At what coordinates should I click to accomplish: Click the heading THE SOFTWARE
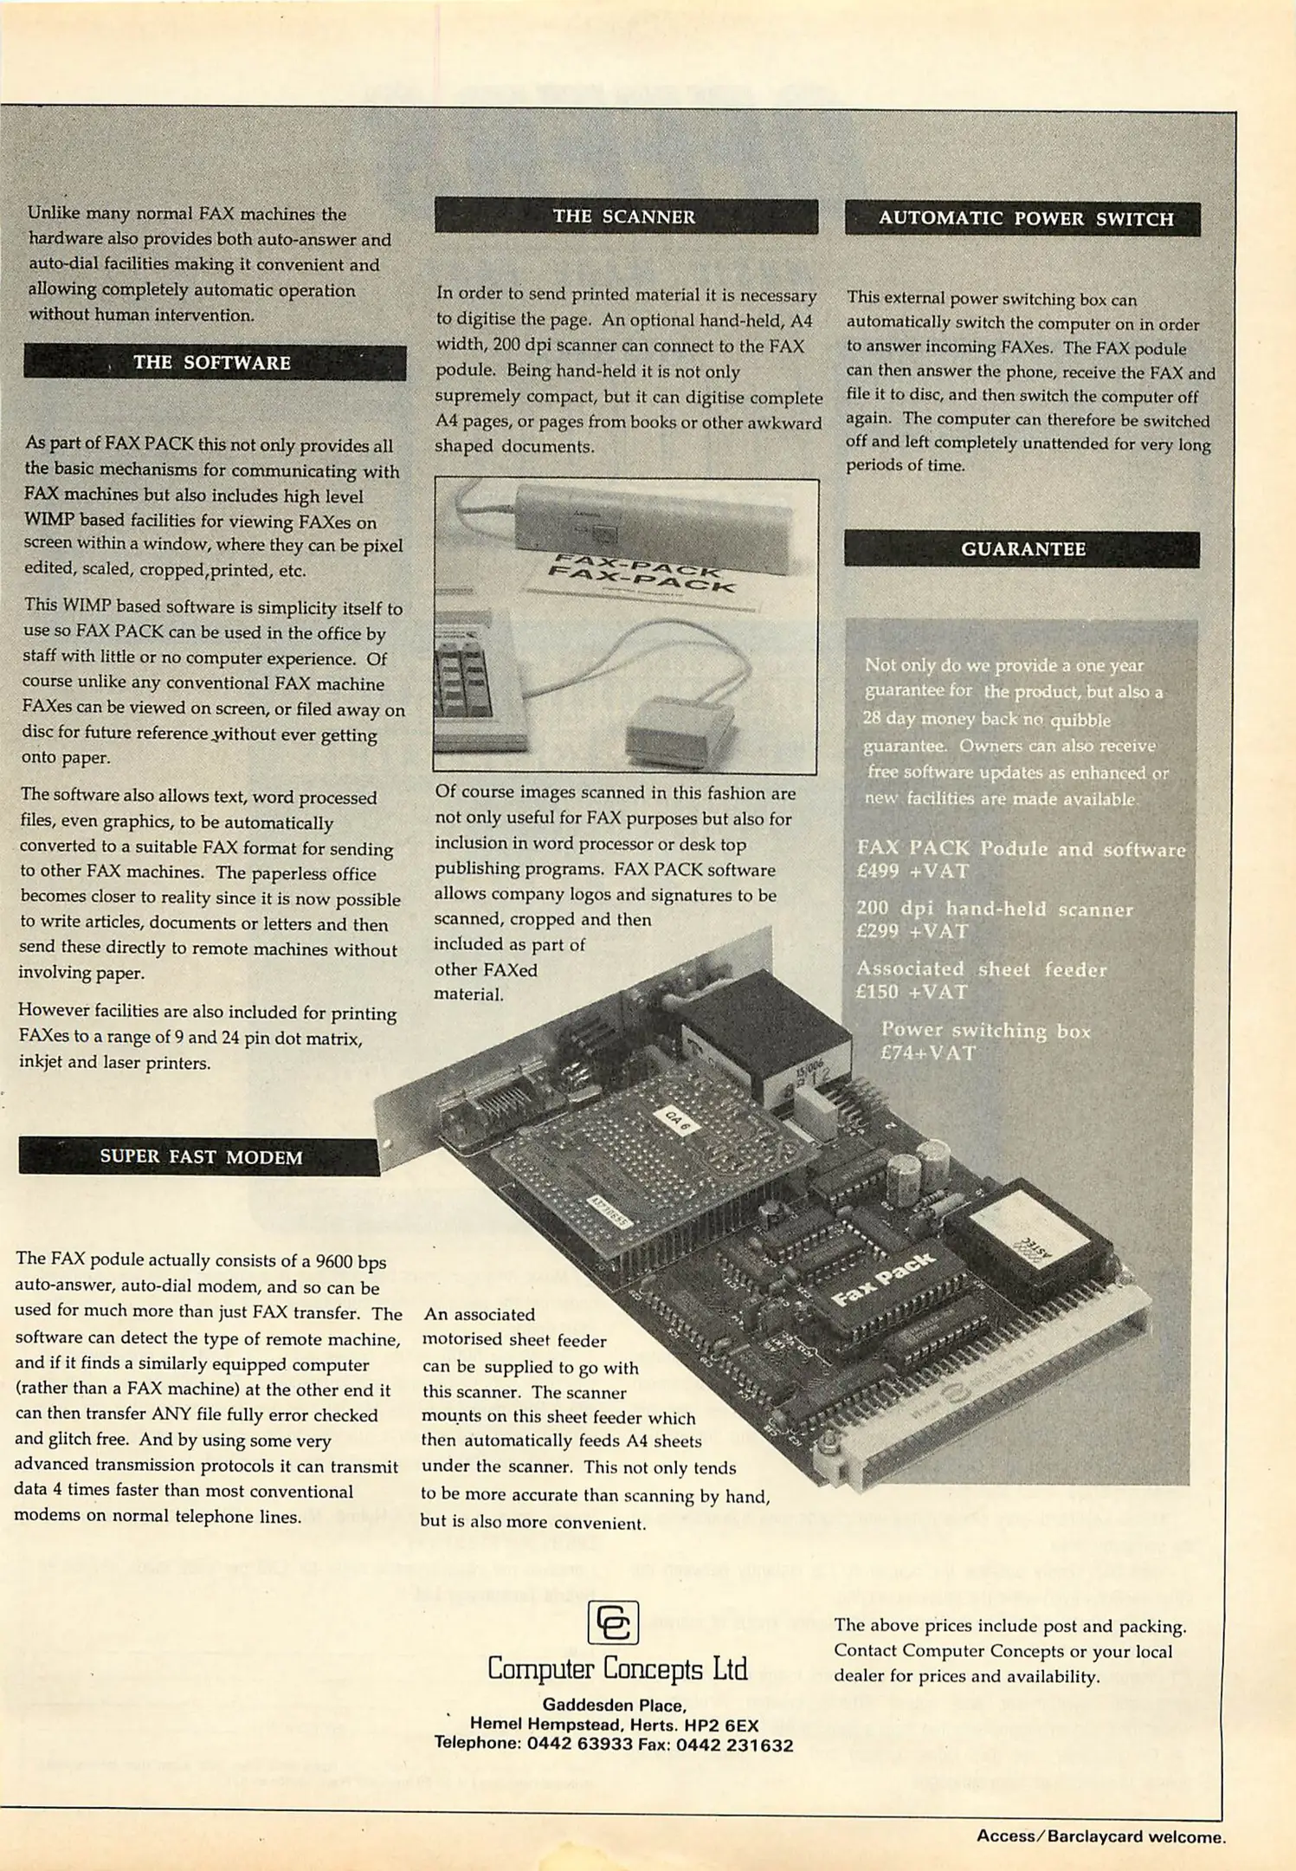tap(212, 363)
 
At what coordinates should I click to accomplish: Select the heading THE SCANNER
tap(624, 217)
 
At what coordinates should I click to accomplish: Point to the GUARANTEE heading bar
tap(1022, 549)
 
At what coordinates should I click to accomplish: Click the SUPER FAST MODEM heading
tap(201, 1157)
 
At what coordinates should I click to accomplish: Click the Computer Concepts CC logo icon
tap(613, 1622)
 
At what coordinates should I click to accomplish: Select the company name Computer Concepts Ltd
tap(617, 1668)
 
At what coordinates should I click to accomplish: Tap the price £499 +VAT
tap(912, 871)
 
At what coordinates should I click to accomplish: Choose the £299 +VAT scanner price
tap(912, 932)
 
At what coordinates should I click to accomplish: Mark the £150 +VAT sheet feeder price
tap(911, 993)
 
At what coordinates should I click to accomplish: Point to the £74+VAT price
tap(928, 1053)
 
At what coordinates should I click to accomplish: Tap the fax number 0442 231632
tap(734, 1745)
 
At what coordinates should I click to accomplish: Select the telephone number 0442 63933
tap(580, 1744)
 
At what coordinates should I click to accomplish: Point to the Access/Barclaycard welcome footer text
tap(1100, 1836)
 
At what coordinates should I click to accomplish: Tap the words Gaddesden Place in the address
tap(614, 1706)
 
